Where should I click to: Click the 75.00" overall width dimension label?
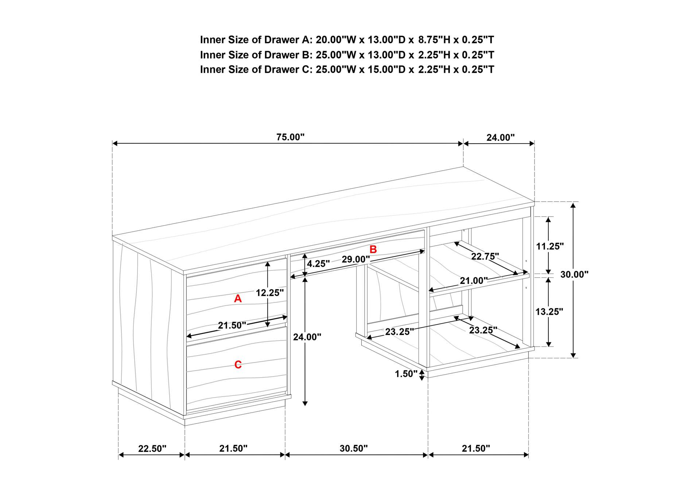[290, 137]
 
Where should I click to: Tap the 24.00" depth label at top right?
[500, 138]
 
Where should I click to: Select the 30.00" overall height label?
[574, 275]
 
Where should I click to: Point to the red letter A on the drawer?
[238, 299]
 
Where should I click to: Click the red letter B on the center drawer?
[373, 250]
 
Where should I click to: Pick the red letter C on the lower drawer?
[238, 364]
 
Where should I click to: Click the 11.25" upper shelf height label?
[550, 246]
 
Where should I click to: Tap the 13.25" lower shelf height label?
[549, 312]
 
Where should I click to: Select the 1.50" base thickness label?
[406, 374]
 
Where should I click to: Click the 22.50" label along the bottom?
[152, 449]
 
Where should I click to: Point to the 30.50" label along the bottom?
[354, 449]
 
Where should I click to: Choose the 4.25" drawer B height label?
[318, 264]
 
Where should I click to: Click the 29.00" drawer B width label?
[356, 260]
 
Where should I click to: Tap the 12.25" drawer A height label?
[270, 293]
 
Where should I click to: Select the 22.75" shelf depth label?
[485, 257]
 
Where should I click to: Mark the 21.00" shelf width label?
[474, 281]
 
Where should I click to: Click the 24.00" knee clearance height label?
[307, 337]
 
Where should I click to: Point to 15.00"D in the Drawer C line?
[361, 69]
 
